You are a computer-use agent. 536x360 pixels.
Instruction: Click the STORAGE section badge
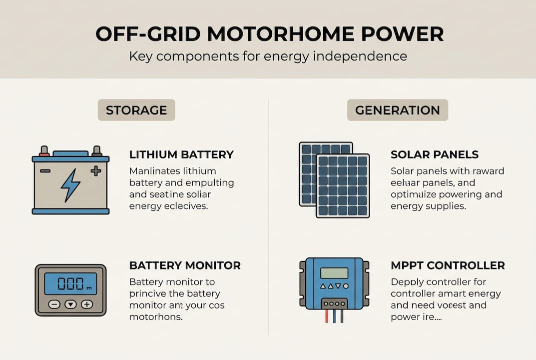136,110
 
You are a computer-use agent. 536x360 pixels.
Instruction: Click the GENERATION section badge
397,110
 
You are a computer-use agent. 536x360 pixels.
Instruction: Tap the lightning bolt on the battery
70,184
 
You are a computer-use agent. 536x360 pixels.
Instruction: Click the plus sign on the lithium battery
95,171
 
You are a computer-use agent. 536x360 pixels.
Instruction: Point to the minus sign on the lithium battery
45,171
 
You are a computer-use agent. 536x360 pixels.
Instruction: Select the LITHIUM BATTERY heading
181,154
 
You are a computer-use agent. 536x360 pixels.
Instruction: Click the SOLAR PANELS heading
435,154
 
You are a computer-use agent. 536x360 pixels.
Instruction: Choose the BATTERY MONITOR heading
185,265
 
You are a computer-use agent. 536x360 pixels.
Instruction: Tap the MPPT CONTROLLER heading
448,265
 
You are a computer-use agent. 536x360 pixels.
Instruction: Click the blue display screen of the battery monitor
70,283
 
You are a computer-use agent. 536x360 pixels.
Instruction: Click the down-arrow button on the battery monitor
70,304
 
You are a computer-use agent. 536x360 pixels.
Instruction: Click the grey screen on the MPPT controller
334,273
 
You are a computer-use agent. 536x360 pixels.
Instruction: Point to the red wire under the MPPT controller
326,316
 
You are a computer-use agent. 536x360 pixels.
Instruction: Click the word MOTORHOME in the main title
270,33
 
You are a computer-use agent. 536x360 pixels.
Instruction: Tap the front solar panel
343,185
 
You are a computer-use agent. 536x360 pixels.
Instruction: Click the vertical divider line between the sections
268,215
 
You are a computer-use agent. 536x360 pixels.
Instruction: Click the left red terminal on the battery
44,150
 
